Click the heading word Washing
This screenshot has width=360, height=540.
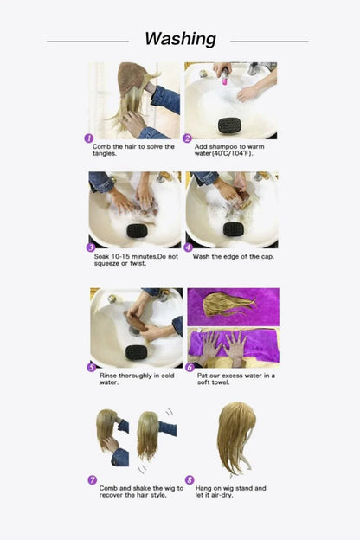(180, 39)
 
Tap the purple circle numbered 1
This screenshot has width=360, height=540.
(88, 138)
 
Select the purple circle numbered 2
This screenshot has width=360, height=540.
(187, 138)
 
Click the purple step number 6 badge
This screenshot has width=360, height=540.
(190, 366)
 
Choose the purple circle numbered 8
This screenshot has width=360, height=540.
(190, 479)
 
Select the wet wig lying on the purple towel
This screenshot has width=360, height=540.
(228, 304)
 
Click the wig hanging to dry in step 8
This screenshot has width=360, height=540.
(235, 436)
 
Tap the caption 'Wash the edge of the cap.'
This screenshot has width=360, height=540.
(231, 256)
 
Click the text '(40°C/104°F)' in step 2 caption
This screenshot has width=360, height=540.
(217, 155)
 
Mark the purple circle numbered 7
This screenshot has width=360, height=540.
(93, 479)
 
